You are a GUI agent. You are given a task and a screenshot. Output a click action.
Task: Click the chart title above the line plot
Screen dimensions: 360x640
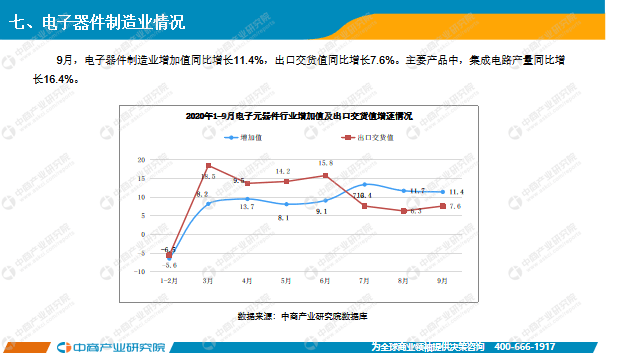tap(299, 117)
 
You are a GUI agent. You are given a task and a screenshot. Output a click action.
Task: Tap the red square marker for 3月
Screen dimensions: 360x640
tap(209, 166)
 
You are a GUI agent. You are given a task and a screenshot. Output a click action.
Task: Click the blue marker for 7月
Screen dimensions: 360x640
tap(365, 185)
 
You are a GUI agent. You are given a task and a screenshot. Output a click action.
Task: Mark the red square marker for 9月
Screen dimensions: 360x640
tap(442, 206)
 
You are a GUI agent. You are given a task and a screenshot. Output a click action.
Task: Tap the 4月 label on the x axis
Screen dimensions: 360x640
tap(247, 282)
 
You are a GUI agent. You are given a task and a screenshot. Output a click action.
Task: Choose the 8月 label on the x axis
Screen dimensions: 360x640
tap(403, 282)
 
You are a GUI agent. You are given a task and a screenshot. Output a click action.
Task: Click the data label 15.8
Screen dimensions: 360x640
tap(325, 163)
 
